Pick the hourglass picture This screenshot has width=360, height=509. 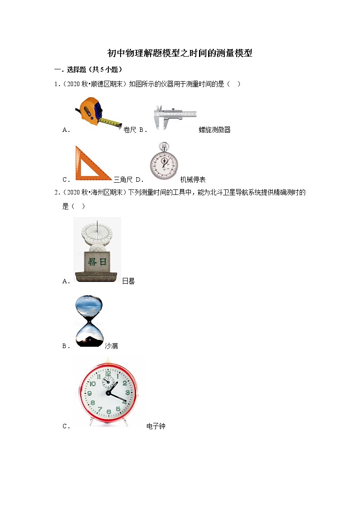(89, 321)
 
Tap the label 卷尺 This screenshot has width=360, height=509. (130, 130)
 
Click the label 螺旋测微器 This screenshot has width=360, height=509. (214, 130)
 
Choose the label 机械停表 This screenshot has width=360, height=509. (193, 179)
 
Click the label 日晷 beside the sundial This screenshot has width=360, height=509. (128, 281)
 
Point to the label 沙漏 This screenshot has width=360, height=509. (111, 346)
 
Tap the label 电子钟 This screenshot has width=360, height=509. (156, 427)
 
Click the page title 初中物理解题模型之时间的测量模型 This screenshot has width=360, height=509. (180, 53)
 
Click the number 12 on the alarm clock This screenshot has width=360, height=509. (108, 374)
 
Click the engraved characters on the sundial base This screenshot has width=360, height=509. (97, 262)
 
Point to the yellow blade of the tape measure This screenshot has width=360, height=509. (112, 121)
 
